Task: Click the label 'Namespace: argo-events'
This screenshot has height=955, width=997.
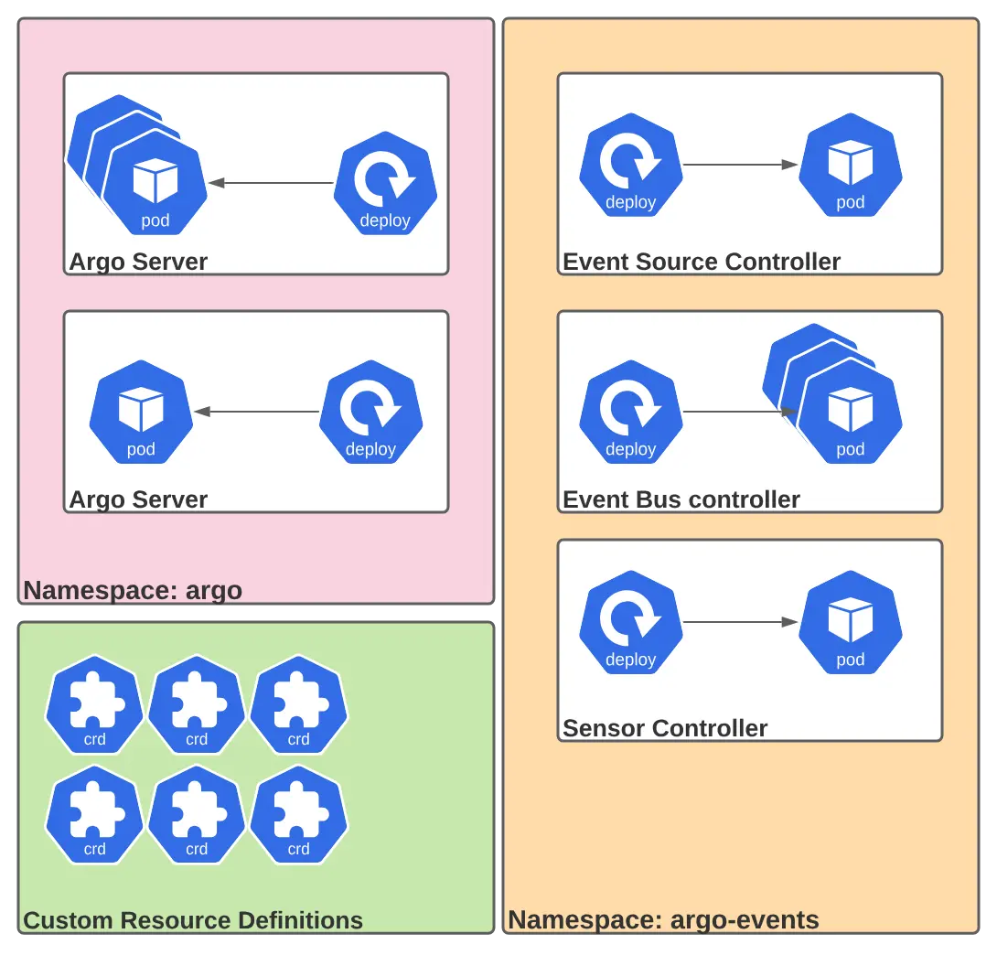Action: (663, 919)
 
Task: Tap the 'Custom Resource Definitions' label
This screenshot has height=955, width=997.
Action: (193, 920)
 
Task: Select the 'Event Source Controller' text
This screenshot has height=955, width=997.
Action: (701, 262)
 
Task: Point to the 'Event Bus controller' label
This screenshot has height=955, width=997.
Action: (681, 499)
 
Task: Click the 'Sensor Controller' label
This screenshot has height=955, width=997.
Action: (665, 728)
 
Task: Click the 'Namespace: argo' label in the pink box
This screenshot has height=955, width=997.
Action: (133, 590)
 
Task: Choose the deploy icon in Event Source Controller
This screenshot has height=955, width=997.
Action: (631, 166)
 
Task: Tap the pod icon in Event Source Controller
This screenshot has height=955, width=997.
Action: (851, 166)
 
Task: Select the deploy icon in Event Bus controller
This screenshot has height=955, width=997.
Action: (631, 413)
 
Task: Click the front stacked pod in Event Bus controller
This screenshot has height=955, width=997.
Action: (851, 413)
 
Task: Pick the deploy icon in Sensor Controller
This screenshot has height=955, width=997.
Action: (631, 623)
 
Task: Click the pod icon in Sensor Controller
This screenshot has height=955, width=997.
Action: (851, 623)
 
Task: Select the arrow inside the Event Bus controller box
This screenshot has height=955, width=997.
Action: (737, 412)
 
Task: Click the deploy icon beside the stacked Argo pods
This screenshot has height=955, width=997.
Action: (385, 184)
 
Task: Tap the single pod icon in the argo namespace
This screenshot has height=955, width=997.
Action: (141, 413)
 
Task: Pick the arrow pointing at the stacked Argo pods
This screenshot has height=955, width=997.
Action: (271, 183)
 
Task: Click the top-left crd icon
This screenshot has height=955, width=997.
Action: (95, 705)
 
